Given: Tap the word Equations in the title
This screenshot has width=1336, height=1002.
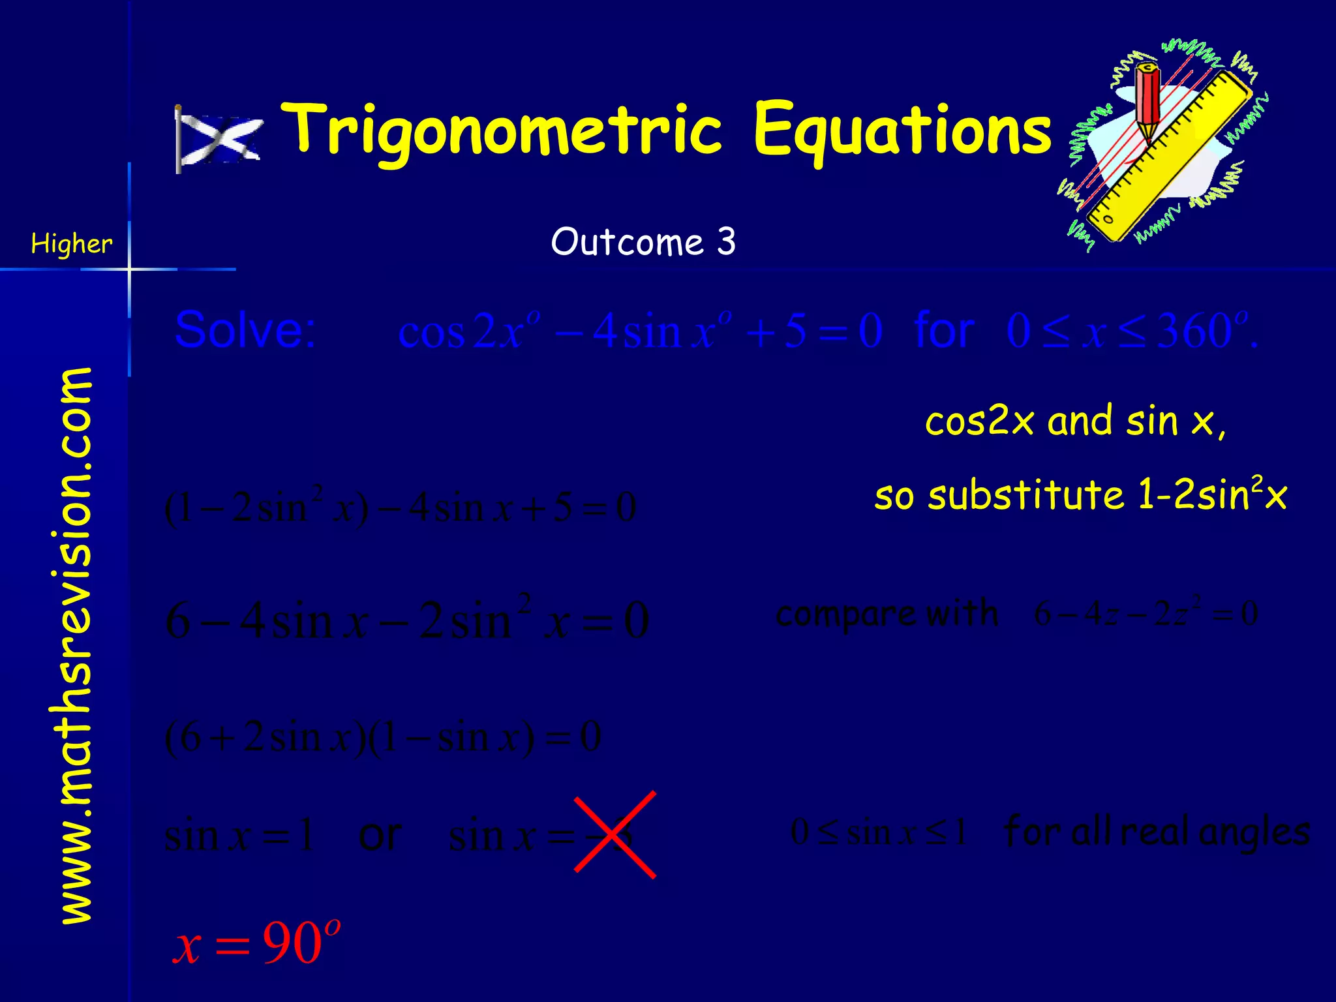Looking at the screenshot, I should point(902,130).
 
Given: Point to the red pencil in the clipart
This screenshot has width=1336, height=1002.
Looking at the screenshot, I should point(1147,98).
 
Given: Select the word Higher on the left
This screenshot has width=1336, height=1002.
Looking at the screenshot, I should point(71,244).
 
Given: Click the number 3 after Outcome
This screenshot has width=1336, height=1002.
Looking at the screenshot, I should point(726,242).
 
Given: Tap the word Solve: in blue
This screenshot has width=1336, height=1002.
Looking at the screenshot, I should point(245,329).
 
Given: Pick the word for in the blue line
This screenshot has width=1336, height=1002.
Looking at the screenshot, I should point(944,330).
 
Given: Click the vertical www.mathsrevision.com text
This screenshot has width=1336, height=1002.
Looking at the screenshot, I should point(76,646).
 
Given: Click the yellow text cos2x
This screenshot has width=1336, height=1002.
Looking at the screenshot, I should point(979,421).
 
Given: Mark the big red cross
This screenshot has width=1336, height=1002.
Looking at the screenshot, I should point(615,834).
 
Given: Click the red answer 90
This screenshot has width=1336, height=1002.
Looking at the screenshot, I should point(292,944).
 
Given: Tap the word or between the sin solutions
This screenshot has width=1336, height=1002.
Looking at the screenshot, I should point(380,835).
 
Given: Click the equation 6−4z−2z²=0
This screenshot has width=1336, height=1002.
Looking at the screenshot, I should point(1146,613).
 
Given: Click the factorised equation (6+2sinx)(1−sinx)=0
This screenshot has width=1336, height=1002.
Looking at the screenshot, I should point(383,738).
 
